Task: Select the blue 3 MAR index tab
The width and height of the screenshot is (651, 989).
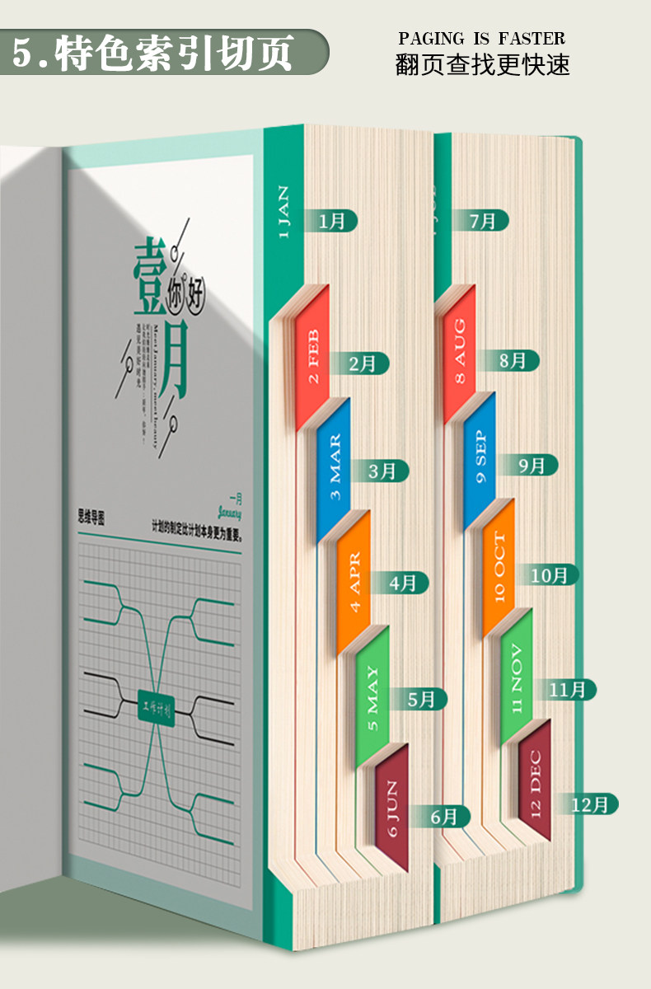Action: pos(335,470)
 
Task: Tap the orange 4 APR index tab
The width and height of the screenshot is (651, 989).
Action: pos(354,582)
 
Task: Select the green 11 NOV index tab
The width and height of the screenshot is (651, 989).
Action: pos(517,679)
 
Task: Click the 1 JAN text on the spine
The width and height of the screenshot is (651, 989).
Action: pos(283,212)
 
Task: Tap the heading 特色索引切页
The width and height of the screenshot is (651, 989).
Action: pos(173,53)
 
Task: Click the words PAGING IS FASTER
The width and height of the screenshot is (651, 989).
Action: pos(482,39)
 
